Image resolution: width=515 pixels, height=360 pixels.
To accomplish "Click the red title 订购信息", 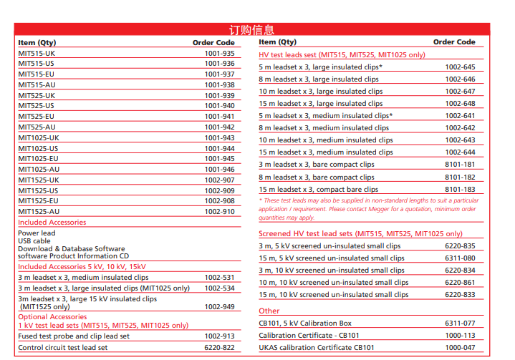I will [x=251, y=29].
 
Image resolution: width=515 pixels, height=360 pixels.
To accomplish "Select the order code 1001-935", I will [x=219, y=54].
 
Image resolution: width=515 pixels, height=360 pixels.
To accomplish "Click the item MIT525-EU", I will [x=37, y=117].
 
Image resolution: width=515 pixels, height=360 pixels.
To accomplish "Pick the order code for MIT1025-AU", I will [x=219, y=170].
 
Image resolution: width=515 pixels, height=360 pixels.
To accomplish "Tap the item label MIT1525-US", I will [x=39, y=191].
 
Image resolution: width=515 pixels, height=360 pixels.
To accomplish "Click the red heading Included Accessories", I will [x=52, y=223].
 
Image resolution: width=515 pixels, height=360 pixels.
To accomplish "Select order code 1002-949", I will [x=219, y=307].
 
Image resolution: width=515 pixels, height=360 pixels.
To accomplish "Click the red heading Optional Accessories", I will [x=52, y=317].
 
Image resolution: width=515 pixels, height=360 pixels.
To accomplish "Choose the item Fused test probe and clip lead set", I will [x=74, y=336].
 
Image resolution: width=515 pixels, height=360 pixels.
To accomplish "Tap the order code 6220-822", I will [x=219, y=348].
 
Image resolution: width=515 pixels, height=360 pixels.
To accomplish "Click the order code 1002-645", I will [x=460, y=67].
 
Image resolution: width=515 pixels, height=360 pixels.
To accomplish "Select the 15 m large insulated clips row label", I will [x=321, y=104].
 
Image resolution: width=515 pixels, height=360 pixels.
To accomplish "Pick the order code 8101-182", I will [x=460, y=177].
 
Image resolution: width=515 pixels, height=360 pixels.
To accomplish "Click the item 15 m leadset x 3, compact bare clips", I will [x=318, y=190].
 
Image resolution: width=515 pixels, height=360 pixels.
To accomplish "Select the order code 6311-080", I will [x=460, y=258].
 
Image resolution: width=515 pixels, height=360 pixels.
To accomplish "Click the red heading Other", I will [x=269, y=311].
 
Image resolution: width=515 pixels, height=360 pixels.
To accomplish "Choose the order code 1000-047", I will [x=460, y=348].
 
